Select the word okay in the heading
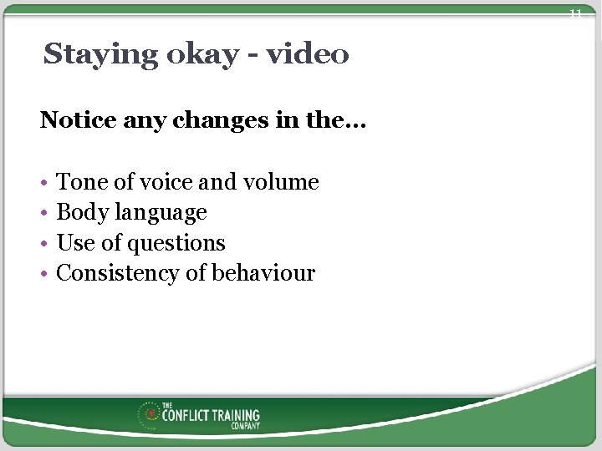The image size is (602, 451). tap(190, 55)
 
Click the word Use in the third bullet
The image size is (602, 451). tap(73, 243)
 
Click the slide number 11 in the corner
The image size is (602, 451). tap(575, 13)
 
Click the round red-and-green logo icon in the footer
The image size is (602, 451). tap(150, 413)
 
